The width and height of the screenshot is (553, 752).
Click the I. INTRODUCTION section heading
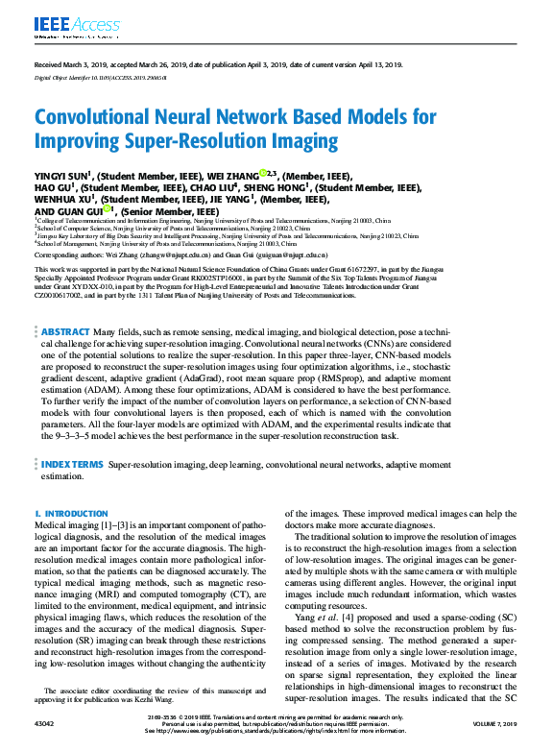point(71,514)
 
